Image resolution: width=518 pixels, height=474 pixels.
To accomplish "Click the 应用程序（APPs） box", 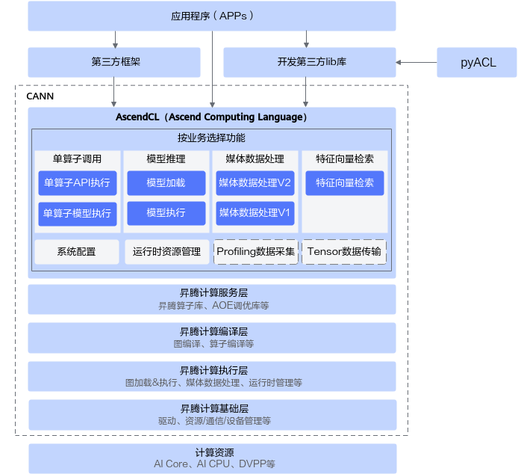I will point(212,16).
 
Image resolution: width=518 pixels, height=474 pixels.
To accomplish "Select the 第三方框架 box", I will point(114,62).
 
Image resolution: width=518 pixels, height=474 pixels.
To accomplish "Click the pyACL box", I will point(478,62).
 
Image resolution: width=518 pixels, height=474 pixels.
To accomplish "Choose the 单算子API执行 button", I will point(77,183).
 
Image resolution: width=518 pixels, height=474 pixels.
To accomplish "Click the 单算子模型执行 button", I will point(77,213).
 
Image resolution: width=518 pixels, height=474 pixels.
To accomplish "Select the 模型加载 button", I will point(166,183).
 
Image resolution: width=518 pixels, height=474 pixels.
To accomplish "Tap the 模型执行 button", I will point(166,213).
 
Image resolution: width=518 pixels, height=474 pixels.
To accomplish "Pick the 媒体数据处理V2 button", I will point(255,183).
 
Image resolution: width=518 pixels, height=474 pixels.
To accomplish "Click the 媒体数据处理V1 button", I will point(255,213).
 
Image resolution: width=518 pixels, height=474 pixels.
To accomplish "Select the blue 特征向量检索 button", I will point(345,183).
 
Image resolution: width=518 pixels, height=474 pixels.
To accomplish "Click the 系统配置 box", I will point(77,252).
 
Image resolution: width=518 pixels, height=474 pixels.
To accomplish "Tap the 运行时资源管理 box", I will point(166,252).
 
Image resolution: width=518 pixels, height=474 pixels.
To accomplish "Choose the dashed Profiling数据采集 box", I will point(255,252).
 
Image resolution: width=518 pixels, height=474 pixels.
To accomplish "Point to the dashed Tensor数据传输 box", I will point(345,252).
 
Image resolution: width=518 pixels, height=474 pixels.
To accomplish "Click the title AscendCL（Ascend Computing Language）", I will point(212,117).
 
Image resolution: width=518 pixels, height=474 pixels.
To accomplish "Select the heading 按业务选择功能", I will point(211,138).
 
